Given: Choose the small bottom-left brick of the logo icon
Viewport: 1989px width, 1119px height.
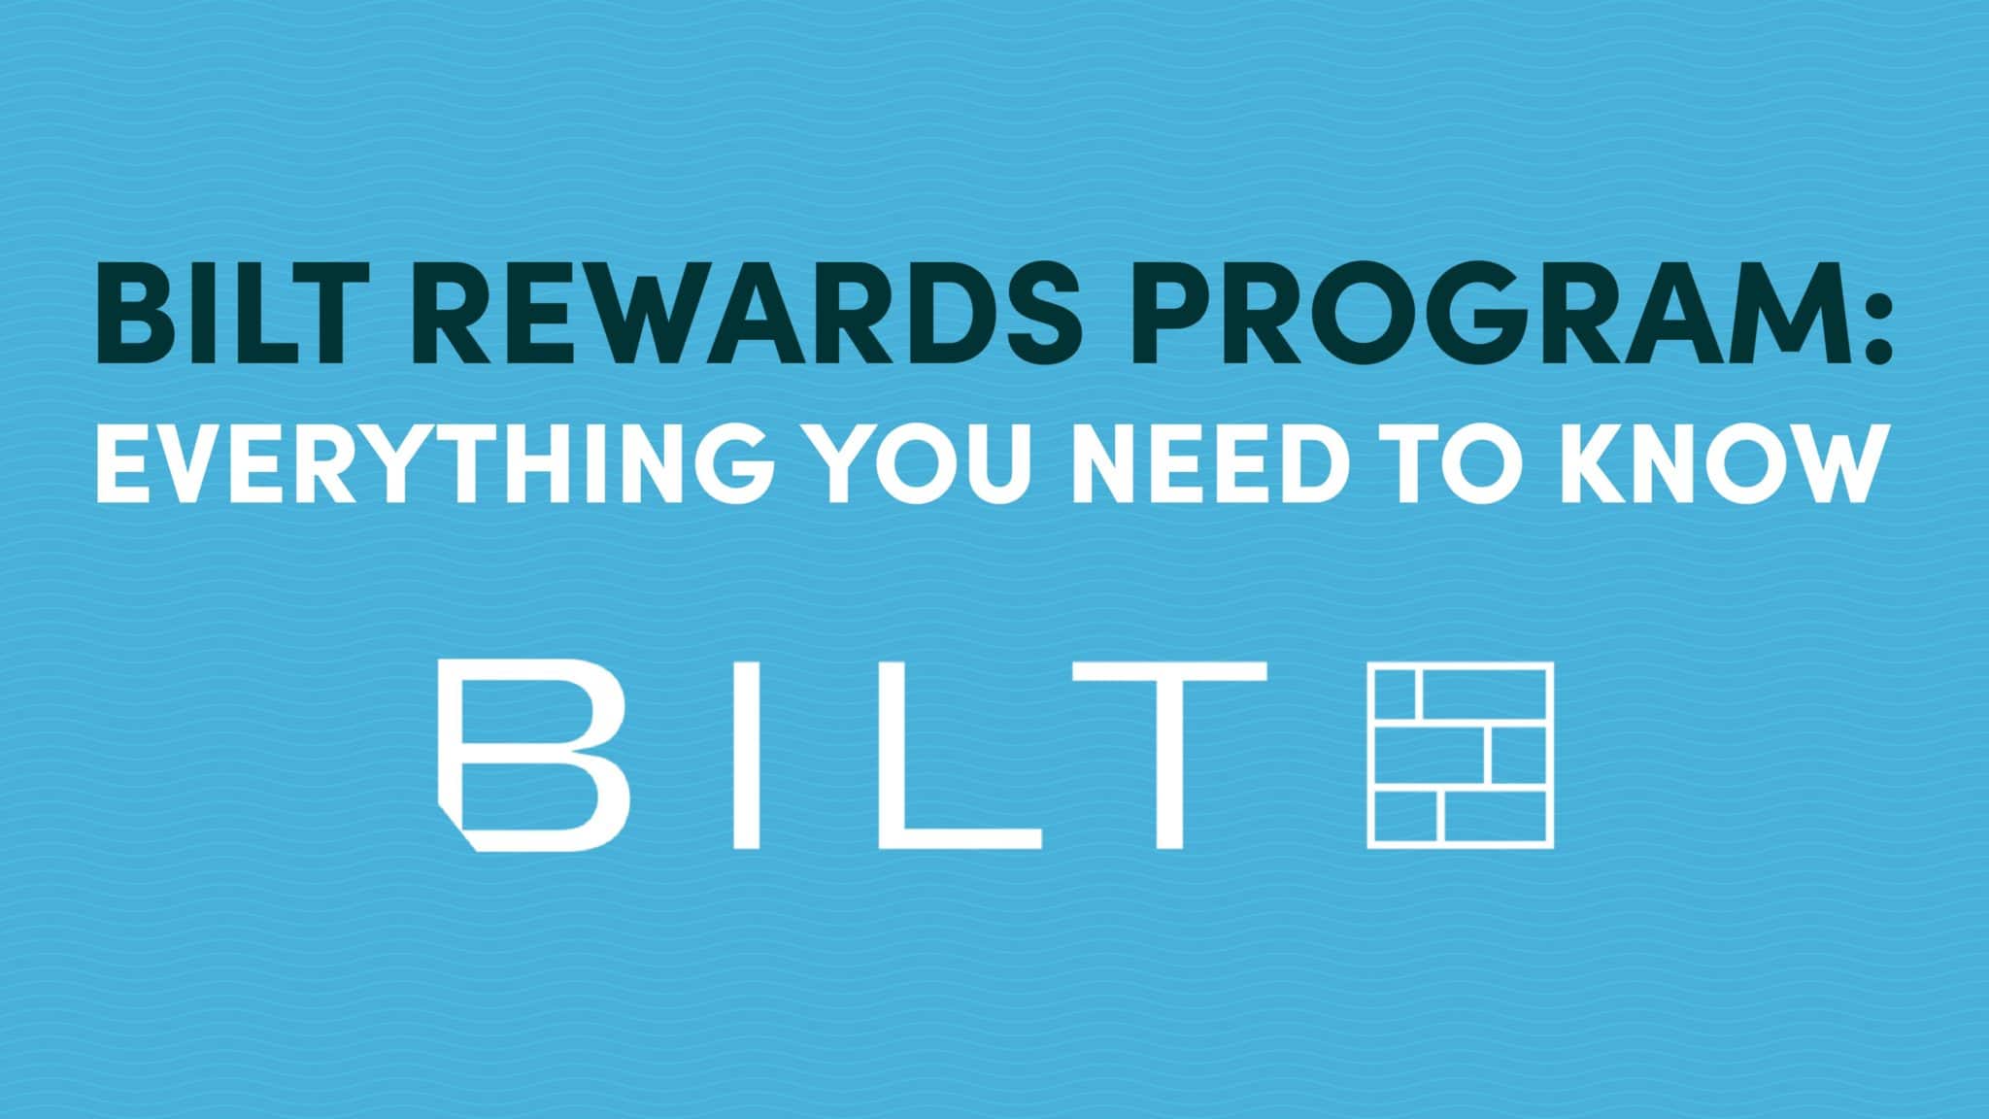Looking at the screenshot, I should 1404,817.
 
